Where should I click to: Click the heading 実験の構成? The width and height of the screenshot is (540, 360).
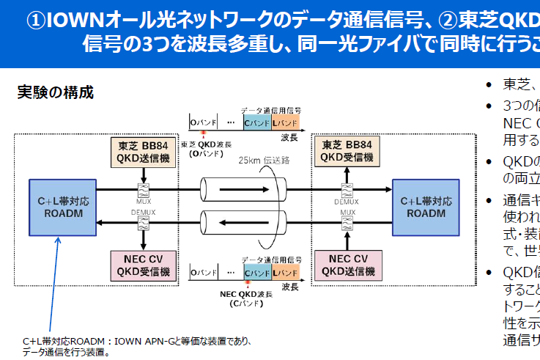56,92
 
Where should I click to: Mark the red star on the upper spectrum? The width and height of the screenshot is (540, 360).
201,133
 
